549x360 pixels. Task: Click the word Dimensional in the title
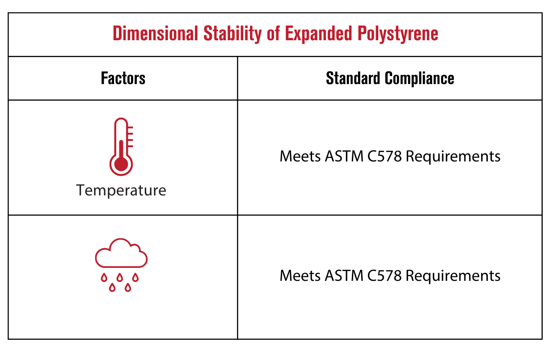156,34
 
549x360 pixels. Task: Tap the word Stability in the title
232,34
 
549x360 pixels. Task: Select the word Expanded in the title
319,34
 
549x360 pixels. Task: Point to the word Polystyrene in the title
398,34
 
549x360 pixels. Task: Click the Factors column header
123,78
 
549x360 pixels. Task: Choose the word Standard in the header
353,78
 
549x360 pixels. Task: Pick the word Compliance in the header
420,79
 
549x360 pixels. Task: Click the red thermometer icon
121,147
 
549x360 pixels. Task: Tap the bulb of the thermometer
121,164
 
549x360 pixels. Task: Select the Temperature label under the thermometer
121,191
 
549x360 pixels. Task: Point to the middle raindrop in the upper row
120,277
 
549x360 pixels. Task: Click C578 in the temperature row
384,156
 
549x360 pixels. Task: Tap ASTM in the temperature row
344,156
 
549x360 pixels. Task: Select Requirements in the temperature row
453,157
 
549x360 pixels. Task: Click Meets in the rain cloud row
300,275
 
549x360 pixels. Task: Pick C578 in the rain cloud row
384,275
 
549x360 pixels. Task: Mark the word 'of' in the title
273,34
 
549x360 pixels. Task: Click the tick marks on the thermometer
130,137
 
